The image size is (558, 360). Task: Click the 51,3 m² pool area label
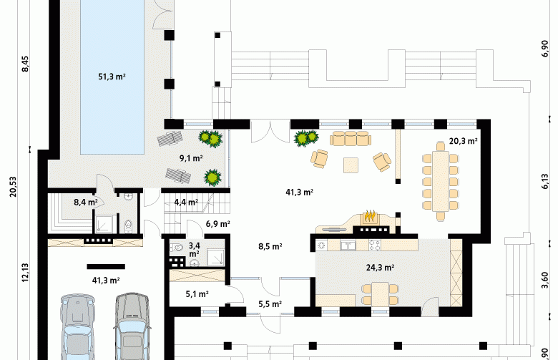pyautogui.click(x=112, y=77)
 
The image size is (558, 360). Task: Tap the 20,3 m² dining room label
pyautogui.click(x=463, y=141)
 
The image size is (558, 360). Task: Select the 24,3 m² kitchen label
pyautogui.click(x=380, y=268)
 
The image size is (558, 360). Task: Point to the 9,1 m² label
pyautogui.click(x=191, y=158)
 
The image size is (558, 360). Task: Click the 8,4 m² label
pyautogui.click(x=85, y=203)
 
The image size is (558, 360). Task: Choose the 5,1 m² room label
pyautogui.click(x=197, y=294)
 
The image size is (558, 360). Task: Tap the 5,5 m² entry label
pyautogui.click(x=270, y=304)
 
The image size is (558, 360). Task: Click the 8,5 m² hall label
pyautogui.click(x=270, y=246)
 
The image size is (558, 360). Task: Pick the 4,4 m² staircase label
pyautogui.click(x=186, y=203)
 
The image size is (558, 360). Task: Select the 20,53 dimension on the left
pyautogui.click(x=13, y=187)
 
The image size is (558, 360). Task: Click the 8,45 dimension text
pyautogui.click(x=25, y=64)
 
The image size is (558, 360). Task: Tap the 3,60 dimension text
pyautogui.click(x=545, y=281)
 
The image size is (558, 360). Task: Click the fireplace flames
pyautogui.click(x=370, y=216)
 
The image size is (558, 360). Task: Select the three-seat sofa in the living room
pyautogui.click(x=351, y=139)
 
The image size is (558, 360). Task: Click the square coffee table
pyautogui.click(x=351, y=165)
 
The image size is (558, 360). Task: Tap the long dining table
pyautogui.click(x=441, y=181)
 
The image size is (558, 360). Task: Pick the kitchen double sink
pyautogui.click(x=347, y=245)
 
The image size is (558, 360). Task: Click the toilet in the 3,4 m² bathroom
pyautogui.click(x=177, y=248)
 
